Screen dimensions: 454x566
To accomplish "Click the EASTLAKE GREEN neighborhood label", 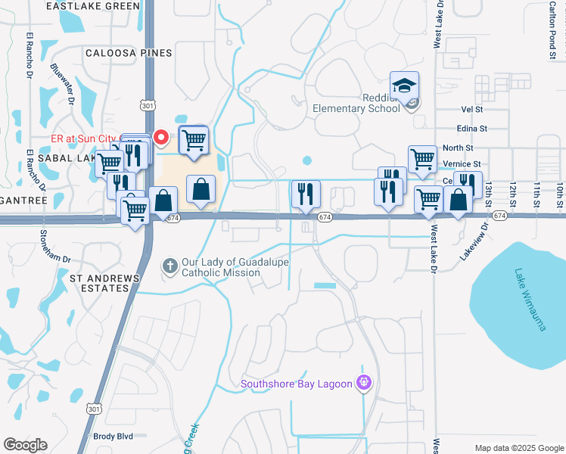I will point(93,6).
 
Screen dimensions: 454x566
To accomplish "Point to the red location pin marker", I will point(160,137).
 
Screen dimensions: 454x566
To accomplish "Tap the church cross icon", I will point(170,266).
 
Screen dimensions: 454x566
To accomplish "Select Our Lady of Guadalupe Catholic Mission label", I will point(226,267).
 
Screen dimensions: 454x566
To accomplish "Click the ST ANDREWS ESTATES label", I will point(105,283).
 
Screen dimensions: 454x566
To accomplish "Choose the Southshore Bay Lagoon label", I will point(297,384).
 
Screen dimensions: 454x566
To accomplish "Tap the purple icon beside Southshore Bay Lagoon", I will point(364,383).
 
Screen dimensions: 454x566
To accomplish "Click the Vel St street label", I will point(472,110).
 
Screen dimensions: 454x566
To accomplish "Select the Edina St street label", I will point(471,129).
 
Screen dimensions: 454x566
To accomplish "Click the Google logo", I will point(25,445).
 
